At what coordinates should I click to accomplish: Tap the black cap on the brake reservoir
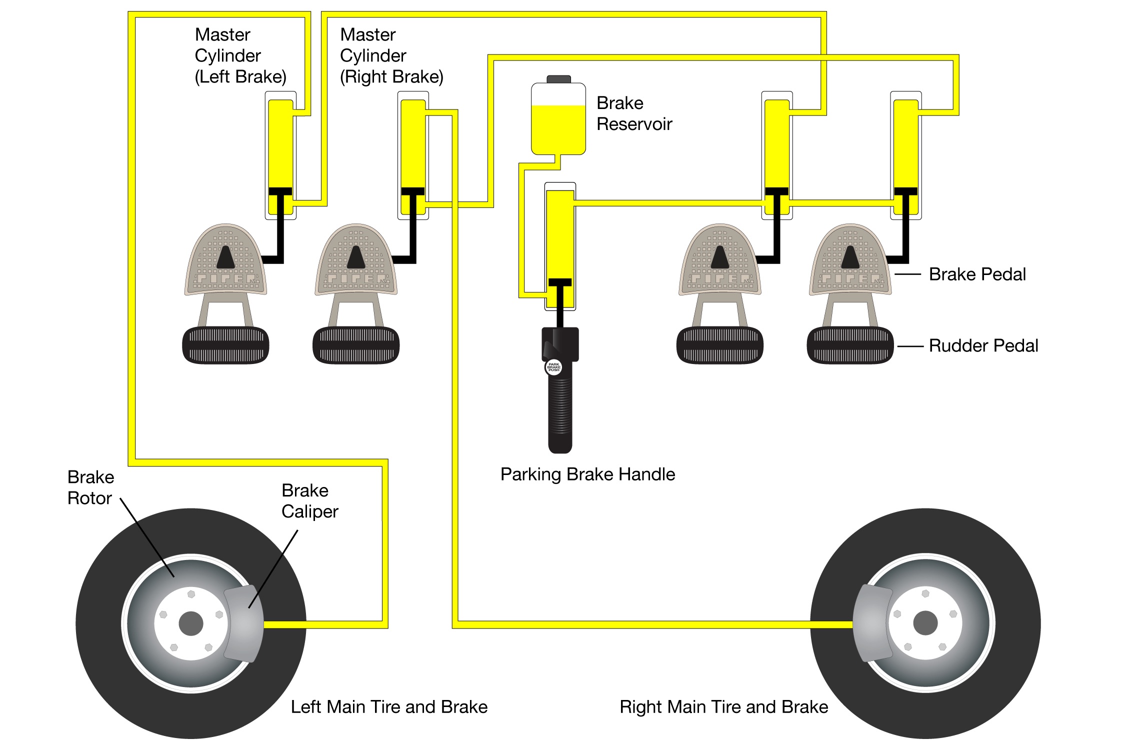click(558, 79)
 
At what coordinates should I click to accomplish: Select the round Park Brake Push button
click(553, 366)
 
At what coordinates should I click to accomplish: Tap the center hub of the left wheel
click(191, 623)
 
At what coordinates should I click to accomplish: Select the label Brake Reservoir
click(634, 113)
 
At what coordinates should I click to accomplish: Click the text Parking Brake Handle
click(587, 474)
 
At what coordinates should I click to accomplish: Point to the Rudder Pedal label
click(983, 345)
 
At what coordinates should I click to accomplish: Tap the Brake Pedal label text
click(977, 274)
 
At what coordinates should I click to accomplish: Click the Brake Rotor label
click(90, 487)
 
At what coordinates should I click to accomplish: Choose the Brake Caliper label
click(309, 501)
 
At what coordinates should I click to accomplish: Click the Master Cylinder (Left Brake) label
click(240, 55)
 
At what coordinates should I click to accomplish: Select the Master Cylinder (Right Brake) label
click(391, 55)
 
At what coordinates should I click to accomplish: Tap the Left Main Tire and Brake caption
click(389, 706)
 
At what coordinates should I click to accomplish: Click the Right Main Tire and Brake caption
click(723, 706)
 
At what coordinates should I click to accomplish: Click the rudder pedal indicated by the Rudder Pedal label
click(850, 345)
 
